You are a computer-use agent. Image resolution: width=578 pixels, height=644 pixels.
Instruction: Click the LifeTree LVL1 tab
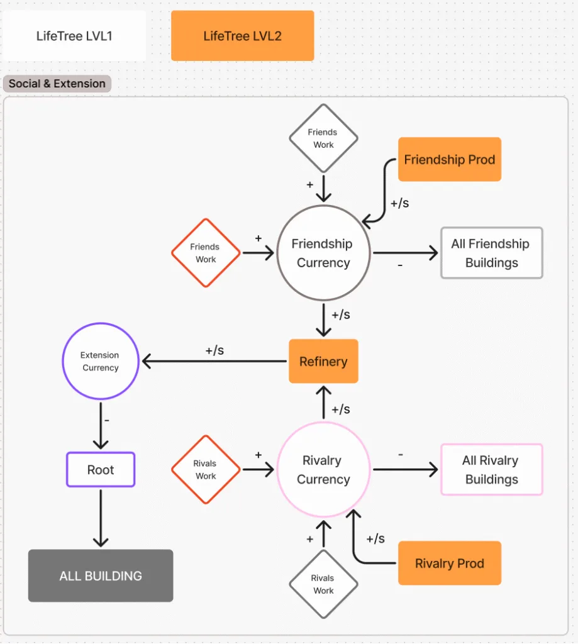[x=74, y=36]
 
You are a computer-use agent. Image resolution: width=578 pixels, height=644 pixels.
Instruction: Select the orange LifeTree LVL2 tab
[x=242, y=36]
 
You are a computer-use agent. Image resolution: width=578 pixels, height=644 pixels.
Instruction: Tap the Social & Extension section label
[x=57, y=84]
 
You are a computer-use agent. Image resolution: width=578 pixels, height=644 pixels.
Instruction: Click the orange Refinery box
[x=324, y=361]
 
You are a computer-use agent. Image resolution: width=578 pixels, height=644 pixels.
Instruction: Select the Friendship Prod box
[x=450, y=159]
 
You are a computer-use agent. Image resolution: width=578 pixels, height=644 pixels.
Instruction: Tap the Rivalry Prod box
[x=450, y=563]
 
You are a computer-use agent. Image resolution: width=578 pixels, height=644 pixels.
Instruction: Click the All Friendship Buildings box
[x=492, y=253]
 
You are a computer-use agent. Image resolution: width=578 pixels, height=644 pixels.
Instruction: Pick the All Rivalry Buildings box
[x=492, y=469]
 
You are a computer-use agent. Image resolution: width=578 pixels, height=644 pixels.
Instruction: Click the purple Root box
[x=101, y=469]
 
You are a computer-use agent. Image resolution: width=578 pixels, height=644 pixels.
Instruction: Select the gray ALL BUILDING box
[x=101, y=575]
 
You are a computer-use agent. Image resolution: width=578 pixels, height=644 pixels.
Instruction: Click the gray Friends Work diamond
[x=324, y=138]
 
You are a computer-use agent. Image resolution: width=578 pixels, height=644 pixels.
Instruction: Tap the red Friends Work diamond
[x=206, y=253]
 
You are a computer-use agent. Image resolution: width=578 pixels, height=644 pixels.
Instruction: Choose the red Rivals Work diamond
[x=206, y=469]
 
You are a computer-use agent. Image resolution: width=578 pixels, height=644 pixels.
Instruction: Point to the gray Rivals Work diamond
[x=324, y=584]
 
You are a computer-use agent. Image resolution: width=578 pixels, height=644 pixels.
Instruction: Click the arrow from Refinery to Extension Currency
[x=214, y=361]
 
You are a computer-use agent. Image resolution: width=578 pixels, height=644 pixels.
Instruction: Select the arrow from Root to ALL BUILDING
[x=101, y=518]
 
